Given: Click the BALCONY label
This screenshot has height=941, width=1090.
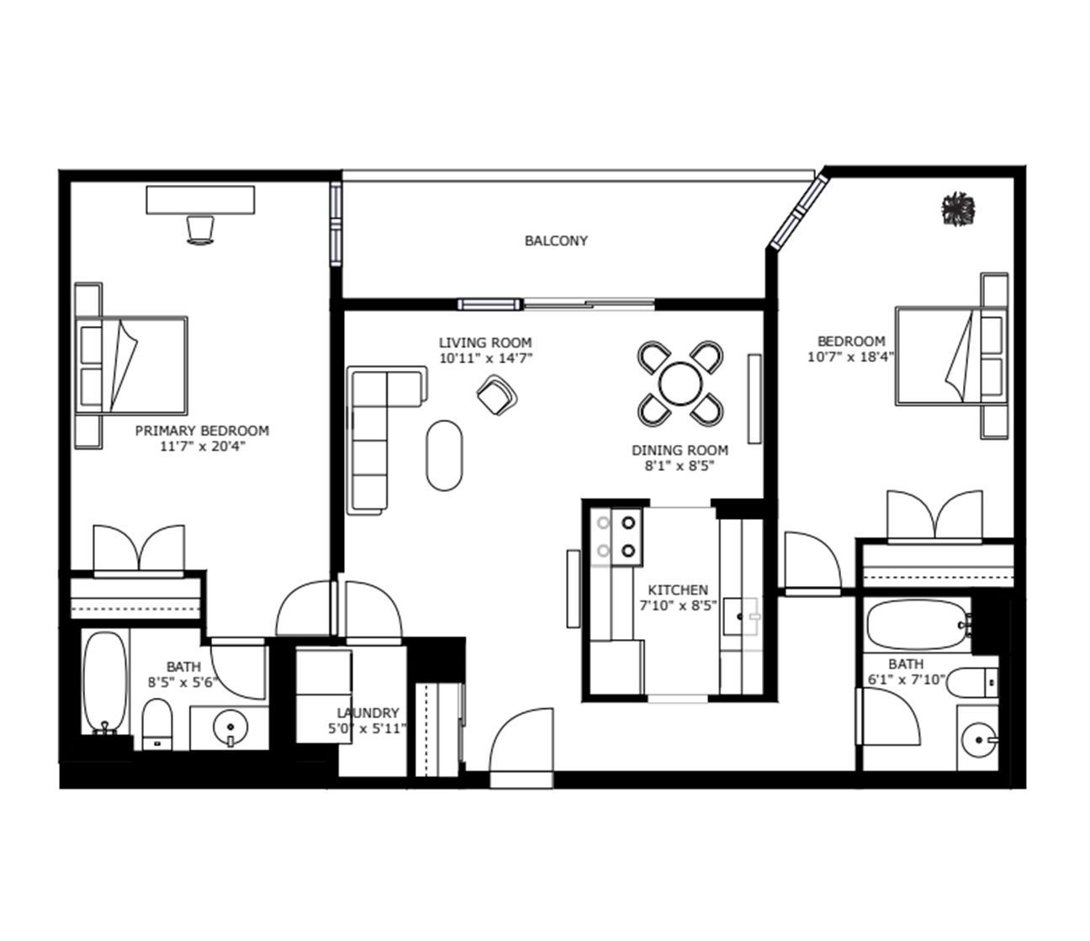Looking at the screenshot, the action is pyautogui.click(x=556, y=241).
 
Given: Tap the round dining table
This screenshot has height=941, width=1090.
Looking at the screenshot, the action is pyautogui.click(x=680, y=383).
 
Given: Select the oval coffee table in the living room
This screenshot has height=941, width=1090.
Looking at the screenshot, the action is pyautogui.click(x=445, y=456).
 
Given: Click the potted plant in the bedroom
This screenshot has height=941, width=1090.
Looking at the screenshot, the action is pyautogui.click(x=959, y=209).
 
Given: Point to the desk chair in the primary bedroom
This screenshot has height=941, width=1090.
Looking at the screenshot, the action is pyautogui.click(x=200, y=230).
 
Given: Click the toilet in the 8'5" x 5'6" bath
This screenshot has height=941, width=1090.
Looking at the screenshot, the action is pyautogui.click(x=157, y=724).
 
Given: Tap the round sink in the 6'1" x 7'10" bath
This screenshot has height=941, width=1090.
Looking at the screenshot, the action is pyautogui.click(x=979, y=740).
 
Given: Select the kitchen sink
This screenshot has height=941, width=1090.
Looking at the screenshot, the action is pyautogui.click(x=741, y=616).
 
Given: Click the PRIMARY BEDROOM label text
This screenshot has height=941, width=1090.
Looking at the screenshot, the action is pyautogui.click(x=203, y=431).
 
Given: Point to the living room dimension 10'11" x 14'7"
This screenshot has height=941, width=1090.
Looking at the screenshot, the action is pyautogui.click(x=485, y=358).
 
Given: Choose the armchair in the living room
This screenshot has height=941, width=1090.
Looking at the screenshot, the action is pyautogui.click(x=497, y=394).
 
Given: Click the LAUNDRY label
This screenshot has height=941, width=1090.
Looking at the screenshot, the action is pyautogui.click(x=368, y=713).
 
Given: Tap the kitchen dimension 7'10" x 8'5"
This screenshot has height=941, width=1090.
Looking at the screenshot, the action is pyautogui.click(x=678, y=605).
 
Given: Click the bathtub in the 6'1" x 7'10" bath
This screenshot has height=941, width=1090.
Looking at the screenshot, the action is pyautogui.click(x=918, y=625).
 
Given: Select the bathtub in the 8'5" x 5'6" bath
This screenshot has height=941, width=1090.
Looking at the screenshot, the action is pyautogui.click(x=105, y=683).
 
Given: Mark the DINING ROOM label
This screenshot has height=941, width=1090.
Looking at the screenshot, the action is pyautogui.click(x=680, y=450).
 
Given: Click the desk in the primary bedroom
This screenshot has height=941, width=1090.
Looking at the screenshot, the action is pyautogui.click(x=200, y=200).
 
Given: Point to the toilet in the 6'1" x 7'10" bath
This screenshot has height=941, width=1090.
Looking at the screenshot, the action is pyautogui.click(x=972, y=682).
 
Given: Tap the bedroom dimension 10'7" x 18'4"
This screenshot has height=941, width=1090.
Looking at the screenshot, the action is pyautogui.click(x=850, y=357).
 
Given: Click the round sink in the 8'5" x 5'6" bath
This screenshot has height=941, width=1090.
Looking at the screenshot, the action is pyautogui.click(x=230, y=727).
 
